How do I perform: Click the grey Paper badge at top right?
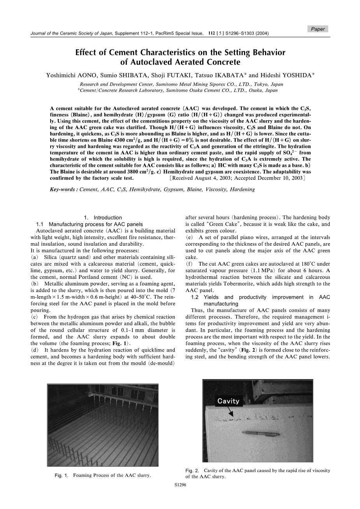pyautogui.click(x=318, y=29)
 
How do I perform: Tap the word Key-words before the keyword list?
pyautogui.click(x=63, y=189)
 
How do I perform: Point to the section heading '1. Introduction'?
pyautogui.click(x=103, y=217)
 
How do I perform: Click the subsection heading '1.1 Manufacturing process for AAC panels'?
pyautogui.click(x=89, y=224)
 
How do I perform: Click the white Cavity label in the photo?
pyautogui.click(x=228, y=401)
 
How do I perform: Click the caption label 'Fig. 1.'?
pyautogui.click(x=62, y=475)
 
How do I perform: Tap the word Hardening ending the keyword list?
pyautogui.click(x=242, y=189)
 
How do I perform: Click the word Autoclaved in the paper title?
pyautogui.click(x=152, y=62)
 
